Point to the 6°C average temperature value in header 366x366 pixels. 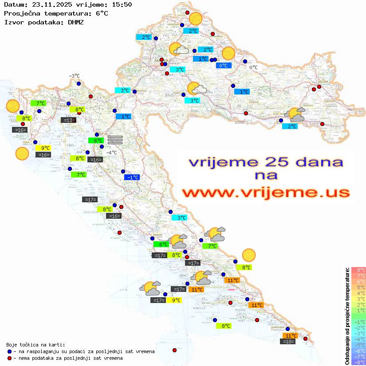click(102, 13)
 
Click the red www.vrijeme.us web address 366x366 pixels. click(266, 192)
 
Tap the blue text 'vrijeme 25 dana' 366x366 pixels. click(266, 161)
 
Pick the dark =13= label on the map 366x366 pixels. click(68, 120)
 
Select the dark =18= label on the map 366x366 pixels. click(288, 341)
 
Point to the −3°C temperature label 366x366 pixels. click(74, 76)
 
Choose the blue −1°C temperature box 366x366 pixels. click(132, 177)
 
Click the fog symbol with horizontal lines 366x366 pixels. click(115, 139)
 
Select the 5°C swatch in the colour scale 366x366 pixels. click(358, 287)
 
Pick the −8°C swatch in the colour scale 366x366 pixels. click(358, 362)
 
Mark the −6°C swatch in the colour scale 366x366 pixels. click(358, 350)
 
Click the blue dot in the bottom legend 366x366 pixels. click(10, 351)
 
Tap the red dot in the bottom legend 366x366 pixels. click(10, 358)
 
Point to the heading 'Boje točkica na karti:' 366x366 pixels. click(35, 345)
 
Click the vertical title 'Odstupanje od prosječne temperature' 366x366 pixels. click(347, 316)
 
